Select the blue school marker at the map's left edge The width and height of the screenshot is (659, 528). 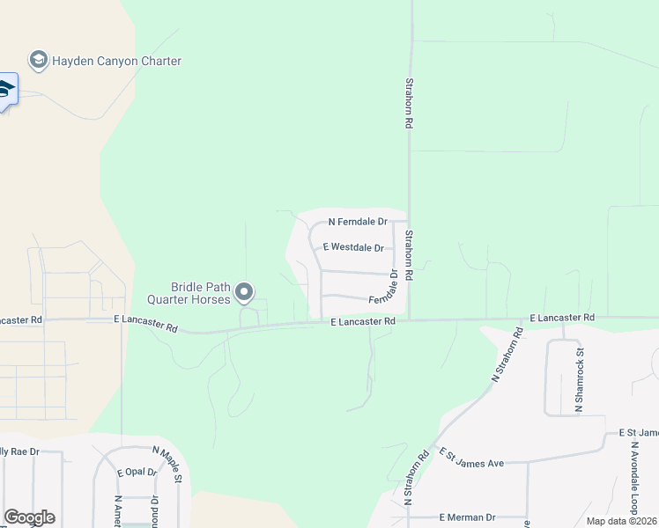(5, 90)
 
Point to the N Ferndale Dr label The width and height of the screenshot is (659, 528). (358, 223)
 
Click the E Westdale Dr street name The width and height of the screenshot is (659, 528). (352, 248)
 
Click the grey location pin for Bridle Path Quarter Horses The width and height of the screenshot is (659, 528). (245, 292)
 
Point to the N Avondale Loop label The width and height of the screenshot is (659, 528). (634, 476)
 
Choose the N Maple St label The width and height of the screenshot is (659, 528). (167, 464)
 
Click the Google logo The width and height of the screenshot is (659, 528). (29, 517)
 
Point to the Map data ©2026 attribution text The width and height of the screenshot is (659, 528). (622, 521)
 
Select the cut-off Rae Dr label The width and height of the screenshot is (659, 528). (19, 451)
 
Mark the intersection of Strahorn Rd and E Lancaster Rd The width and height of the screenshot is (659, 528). (410, 320)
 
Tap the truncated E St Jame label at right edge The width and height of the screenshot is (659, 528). (639, 433)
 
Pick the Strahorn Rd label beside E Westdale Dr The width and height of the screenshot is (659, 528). (410, 255)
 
